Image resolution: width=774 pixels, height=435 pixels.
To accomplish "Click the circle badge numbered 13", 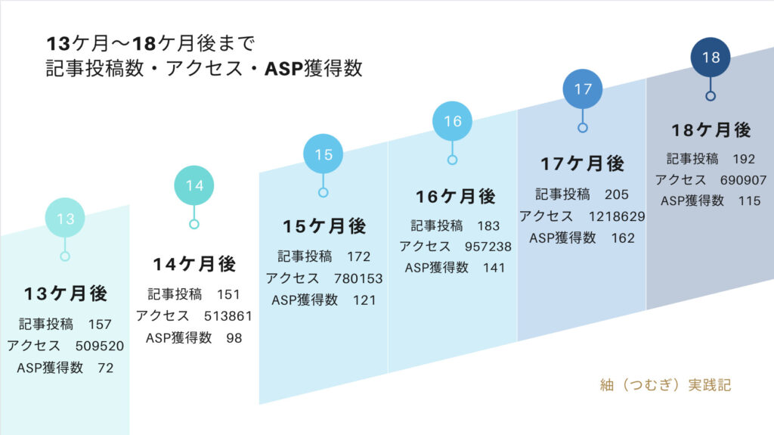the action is tap(65, 218).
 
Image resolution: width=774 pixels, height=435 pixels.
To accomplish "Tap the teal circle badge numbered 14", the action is tap(194, 185).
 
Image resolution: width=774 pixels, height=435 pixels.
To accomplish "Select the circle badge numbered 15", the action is tap(324, 154).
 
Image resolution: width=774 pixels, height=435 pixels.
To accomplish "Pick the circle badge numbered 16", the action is tap(452, 121).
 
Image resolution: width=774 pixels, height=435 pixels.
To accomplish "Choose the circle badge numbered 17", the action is tap(583, 89).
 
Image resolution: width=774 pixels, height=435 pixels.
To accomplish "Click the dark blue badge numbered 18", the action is tap(711, 57).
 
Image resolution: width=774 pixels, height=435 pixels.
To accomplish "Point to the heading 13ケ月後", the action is tap(66, 294).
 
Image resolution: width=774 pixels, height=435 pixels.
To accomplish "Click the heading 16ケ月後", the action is tap(456, 197).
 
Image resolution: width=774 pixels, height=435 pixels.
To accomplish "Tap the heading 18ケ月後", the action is tap(711, 130).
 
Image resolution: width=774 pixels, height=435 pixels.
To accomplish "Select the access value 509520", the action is tap(100, 346).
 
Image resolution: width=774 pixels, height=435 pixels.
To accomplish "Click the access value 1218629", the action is tap(617, 216).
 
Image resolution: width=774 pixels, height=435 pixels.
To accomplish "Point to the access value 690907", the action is tap(744, 180).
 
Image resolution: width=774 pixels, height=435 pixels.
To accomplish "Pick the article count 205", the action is tap(617, 194).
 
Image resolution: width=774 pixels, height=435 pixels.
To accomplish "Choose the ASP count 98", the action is tap(234, 338).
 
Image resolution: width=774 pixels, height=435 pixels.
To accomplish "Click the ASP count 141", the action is tap(494, 268).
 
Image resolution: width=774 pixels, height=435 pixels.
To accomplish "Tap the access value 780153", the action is tap(358, 279).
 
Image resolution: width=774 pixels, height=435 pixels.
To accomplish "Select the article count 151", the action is tap(228, 294).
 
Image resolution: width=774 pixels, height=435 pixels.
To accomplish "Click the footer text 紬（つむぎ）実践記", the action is tap(665, 384).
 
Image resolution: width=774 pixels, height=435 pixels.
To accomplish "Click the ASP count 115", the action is tap(749, 201).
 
